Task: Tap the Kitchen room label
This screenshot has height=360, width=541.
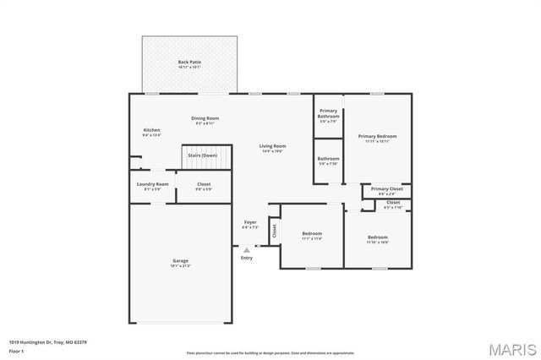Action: [151, 130]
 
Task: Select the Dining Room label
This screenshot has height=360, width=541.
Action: [205, 118]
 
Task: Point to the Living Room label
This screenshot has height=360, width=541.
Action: [272, 146]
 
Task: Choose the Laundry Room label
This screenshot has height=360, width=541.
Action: [152, 184]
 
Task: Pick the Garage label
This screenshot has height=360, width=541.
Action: [180, 261]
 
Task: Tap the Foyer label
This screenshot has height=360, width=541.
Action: [250, 222]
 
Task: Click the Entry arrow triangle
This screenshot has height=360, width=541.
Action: [247, 250]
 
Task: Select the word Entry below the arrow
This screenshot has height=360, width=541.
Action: [247, 259]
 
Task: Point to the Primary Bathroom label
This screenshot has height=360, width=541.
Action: [328, 114]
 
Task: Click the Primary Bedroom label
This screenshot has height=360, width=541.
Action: [377, 136]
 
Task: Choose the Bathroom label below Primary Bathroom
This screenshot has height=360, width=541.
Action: [328, 159]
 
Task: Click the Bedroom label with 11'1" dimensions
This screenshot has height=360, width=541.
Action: [312, 233]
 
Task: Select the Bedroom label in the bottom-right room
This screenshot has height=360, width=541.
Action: [378, 237]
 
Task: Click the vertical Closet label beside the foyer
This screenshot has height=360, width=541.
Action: [274, 228]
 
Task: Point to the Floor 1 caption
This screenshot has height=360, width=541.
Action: [17, 351]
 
